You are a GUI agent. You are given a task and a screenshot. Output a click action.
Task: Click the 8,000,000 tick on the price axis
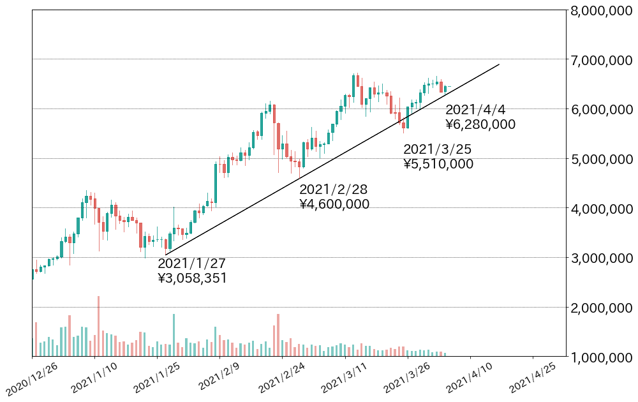[600, 11]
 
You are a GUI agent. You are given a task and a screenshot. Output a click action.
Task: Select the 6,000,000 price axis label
[600, 110]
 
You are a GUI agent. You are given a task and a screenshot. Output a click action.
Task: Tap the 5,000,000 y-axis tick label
[600, 160]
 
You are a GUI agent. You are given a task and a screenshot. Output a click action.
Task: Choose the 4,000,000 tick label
[600, 209]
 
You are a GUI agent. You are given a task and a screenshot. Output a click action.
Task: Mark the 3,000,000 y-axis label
[600, 258]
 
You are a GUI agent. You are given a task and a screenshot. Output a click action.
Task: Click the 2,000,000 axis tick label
[600, 308]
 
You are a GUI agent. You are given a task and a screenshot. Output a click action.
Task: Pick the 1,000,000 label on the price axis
[600, 357]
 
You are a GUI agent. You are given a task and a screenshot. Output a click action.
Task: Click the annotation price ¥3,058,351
[192, 278]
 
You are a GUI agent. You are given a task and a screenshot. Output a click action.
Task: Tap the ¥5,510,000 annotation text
[438, 164]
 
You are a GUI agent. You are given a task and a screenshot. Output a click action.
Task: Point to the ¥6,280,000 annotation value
[480, 125]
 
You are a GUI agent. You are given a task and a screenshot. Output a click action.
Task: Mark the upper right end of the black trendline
[499, 64]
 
